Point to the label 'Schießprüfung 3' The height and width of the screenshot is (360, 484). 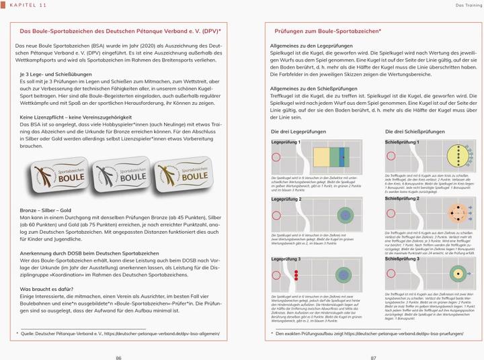[403, 259]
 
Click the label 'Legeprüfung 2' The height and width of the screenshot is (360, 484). [286, 199]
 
